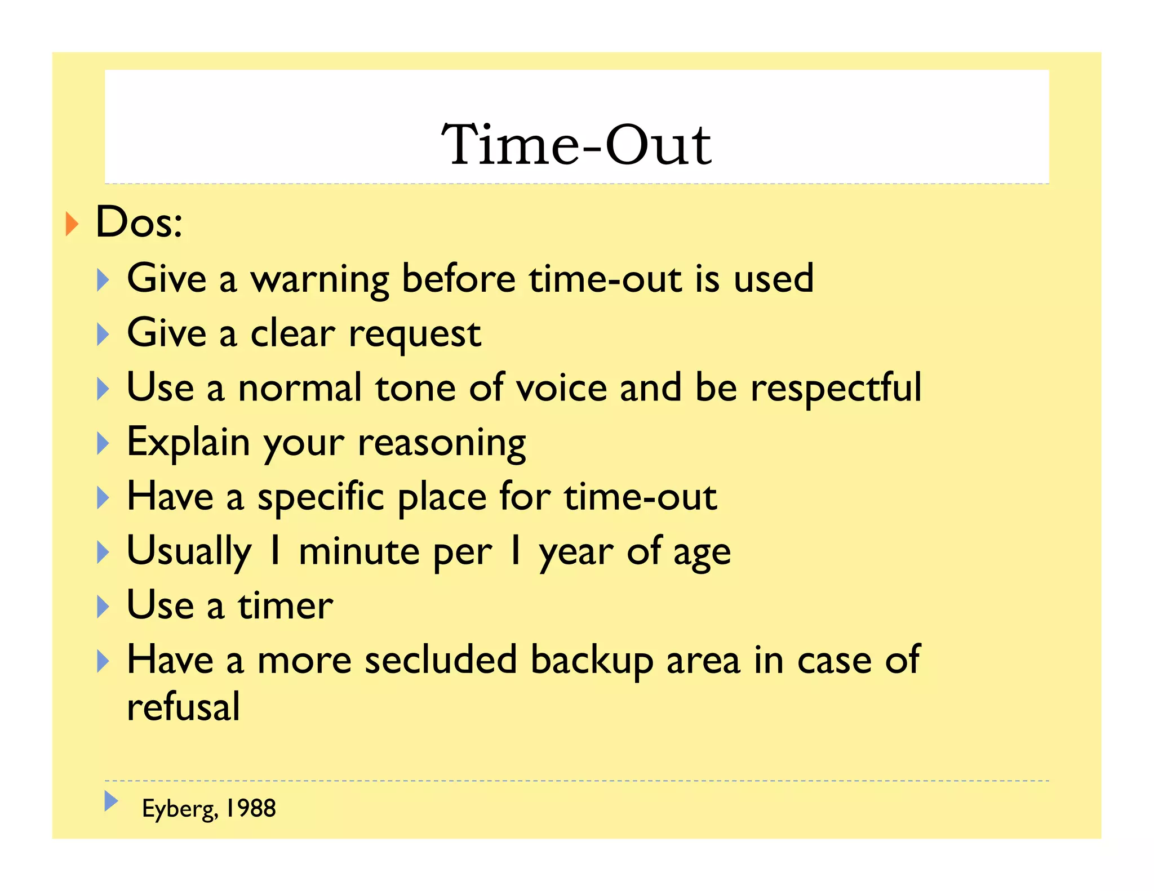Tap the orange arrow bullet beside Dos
(72, 224)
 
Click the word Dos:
(139, 222)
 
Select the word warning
(319, 279)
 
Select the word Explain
(188, 442)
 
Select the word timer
(285, 606)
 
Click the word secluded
(441, 660)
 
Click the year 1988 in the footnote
(251, 808)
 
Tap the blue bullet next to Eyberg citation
(111, 800)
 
